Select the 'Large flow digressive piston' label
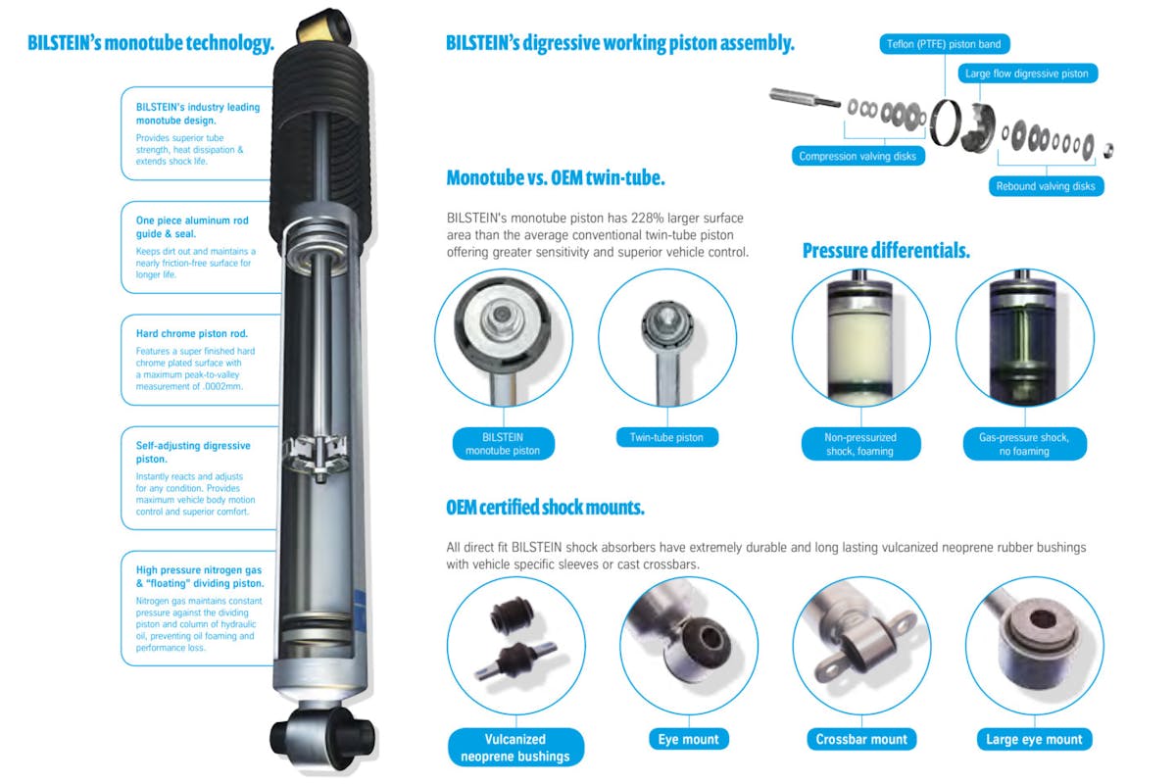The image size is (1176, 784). pyautogui.click(x=1027, y=73)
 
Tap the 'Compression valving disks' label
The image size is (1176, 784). pyautogui.click(x=857, y=156)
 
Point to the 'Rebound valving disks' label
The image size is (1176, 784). pyautogui.click(x=1045, y=186)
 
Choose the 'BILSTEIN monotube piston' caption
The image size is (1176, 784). pyautogui.click(x=504, y=444)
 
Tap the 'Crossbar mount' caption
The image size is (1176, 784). pyautogui.click(x=861, y=739)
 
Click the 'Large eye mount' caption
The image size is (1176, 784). pyautogui.click(x=1035, y=739)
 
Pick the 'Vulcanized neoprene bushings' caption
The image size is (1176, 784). pyautogui.click(x=514, y=747)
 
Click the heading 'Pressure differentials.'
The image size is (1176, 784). pyautogui.click(x=886, y=251)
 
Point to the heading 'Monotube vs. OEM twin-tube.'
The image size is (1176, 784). pyautogui.click(x=556, y=178)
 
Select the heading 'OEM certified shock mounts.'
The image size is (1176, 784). pyautogui.click(x=545, y=508)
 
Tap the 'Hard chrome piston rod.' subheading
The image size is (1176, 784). pyautogui.click(x=191, y=334)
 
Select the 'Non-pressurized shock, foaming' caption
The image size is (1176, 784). pyautogui.click(x=860, y=444)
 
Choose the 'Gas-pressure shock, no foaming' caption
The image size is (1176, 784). pyautogui.click(x=1025, y=444)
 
